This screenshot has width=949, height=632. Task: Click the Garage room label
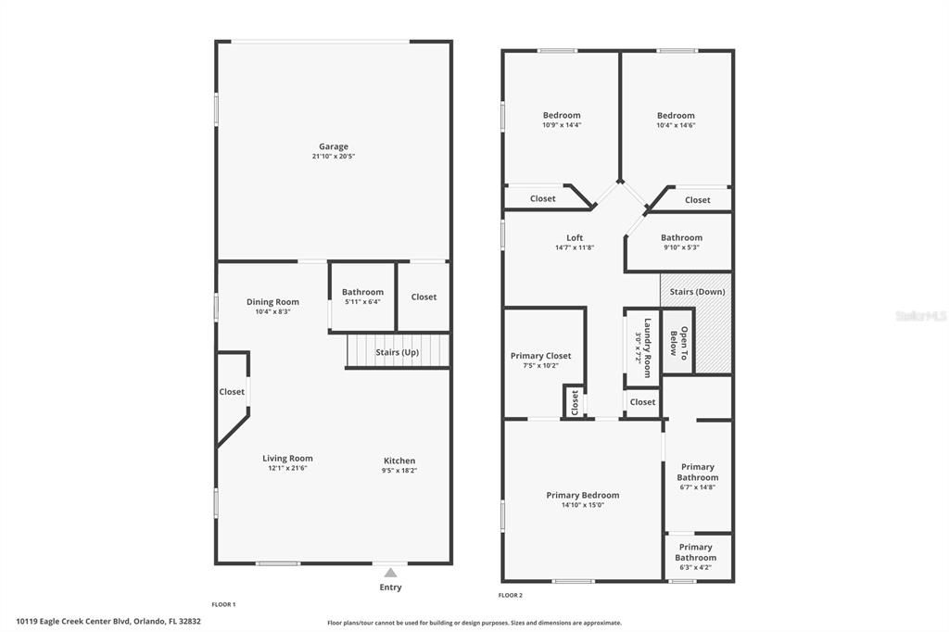click(x=334, y=146)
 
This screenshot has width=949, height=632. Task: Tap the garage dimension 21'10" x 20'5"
click(x=334, y=157)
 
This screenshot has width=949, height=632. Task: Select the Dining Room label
click(x=272, y=301)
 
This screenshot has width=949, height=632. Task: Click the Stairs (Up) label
click(x=397, y=352)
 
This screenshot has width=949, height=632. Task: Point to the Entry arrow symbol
click(x=390, y=572)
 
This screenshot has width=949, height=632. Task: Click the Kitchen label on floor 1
click(x=399, y=461)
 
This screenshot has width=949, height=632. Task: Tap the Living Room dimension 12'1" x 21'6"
click(x=287, y=468)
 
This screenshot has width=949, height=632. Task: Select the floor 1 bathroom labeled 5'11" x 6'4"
click(x=362, y=296)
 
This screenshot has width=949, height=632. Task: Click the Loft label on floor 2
click(x=575, y=237)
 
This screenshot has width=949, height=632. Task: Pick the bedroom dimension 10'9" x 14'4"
click(x=562, y=125)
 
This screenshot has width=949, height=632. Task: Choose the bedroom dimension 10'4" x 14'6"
click(x=676, y=125)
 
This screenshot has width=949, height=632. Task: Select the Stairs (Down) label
click(x=697, y=292)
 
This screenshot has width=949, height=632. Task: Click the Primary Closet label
click(x=540, y=356)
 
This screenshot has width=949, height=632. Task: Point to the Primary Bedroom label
click(x=582, y=495)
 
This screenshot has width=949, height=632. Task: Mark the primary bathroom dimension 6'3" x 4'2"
click(x=695, y=567)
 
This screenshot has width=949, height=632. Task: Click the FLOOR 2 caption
click(x=511, y=595)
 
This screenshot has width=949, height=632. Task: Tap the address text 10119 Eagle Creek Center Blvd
click(x=74, y=621)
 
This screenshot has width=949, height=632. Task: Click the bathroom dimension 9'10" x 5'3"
click(x=681, y=247)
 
